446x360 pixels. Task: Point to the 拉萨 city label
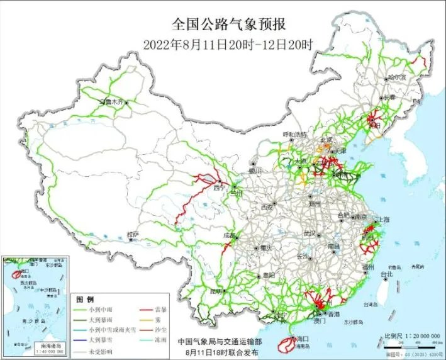tap(132, 233)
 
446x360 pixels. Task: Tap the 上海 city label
tap(381, 220)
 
